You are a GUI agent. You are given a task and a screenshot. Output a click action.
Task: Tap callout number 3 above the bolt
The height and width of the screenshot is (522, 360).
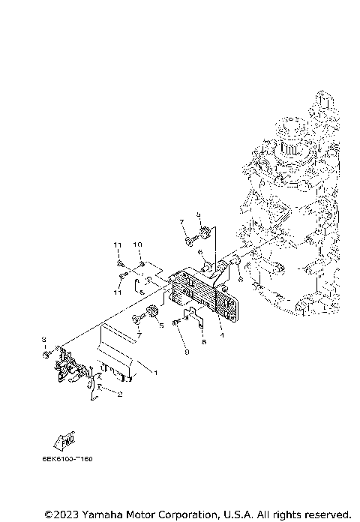44,340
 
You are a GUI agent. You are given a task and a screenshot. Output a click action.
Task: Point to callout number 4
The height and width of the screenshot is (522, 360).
221,335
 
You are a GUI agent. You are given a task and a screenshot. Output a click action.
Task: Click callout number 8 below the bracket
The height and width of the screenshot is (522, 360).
202,341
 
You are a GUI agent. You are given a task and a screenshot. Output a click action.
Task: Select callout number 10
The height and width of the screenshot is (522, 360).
138,245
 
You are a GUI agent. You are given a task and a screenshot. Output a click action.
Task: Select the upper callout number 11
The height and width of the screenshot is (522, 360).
118,245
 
